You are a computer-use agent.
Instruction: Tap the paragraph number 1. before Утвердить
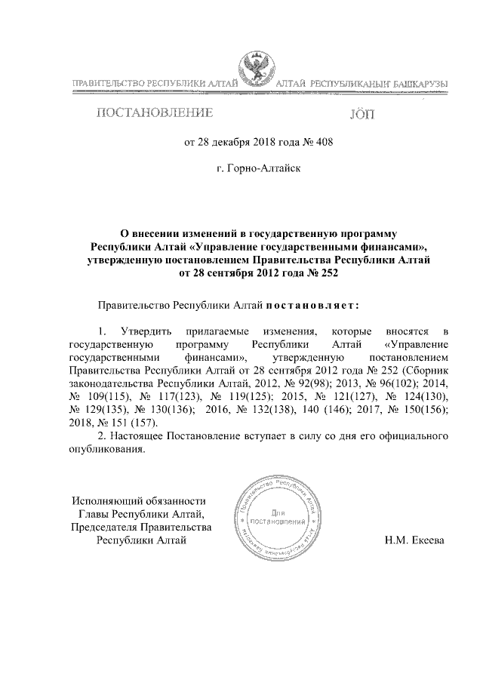[x=103, y=332]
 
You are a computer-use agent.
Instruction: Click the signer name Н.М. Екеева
[x=414, y=540]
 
